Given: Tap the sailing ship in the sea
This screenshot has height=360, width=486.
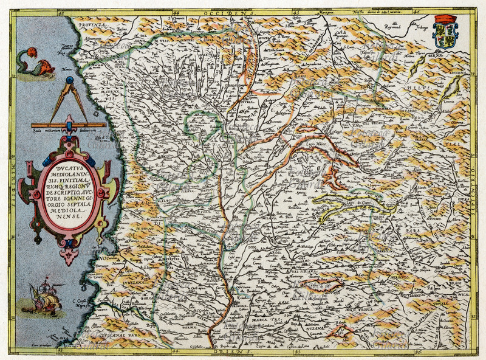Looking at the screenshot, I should pos(44,295).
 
